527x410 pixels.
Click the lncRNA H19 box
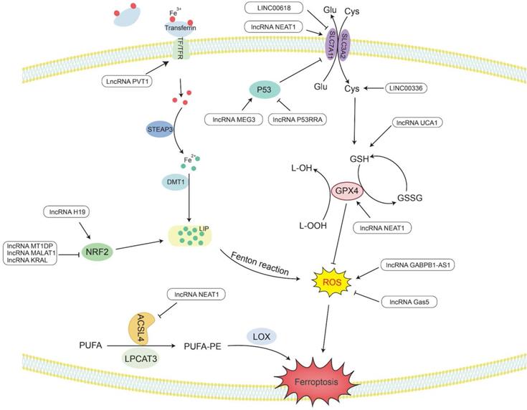click(x=71, y=211)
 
